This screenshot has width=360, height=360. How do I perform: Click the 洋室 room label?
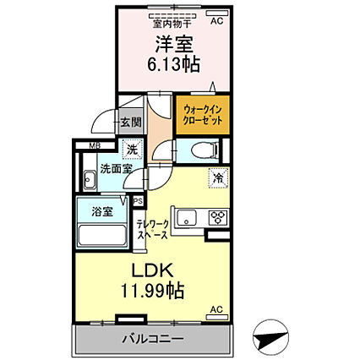coord(174,45)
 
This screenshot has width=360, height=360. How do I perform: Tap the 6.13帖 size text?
coord(174,64)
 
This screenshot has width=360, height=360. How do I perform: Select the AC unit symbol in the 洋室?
coord(217,13)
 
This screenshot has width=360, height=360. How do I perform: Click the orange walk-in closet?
coord(203,115)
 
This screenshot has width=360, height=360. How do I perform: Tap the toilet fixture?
coord(205,150)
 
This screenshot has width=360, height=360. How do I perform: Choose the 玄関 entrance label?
coord(131,123)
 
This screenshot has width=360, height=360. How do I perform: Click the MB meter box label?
coord(93,145)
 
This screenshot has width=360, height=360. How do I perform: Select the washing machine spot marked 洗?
coord(132,150)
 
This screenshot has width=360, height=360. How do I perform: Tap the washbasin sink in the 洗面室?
coord(90,180)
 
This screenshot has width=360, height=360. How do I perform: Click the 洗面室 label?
coord(117,169)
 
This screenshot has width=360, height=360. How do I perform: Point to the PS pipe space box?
coord(139,202)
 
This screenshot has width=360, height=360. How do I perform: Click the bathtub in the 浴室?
coord(102,235)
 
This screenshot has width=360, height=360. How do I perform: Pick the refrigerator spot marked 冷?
coord(218,177)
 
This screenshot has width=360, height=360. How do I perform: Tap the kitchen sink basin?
coord(187,218)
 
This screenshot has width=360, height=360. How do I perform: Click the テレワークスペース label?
coord(152,230)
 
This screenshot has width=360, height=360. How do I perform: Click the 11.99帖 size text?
coord(153,291)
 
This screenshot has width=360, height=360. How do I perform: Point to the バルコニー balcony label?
coord(153,338)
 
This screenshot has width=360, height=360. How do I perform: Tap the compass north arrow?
coord(270,336)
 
